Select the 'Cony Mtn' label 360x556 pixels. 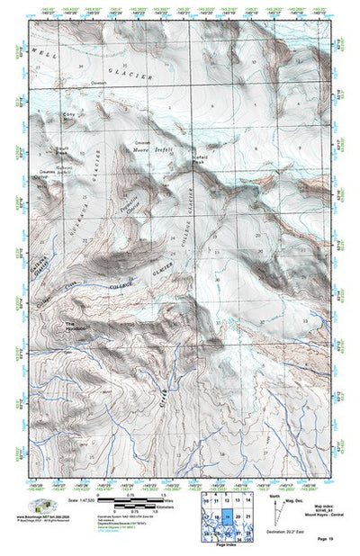coord(68,116)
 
